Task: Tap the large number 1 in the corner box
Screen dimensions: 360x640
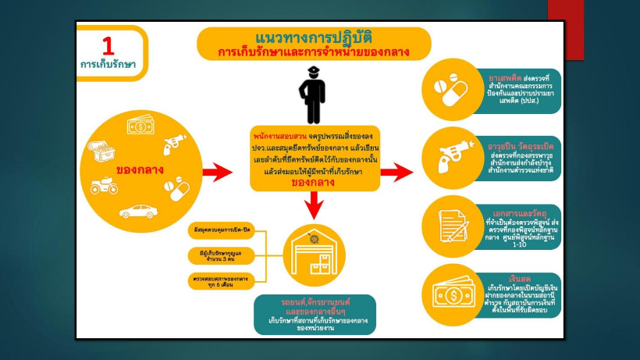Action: pyautogui.click(x=108, y=45)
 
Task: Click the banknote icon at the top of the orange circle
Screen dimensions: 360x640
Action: pyautogui.click(x=141, y=126)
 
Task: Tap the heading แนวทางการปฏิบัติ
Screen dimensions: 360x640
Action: pyautogui.click(x=313, y=37)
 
